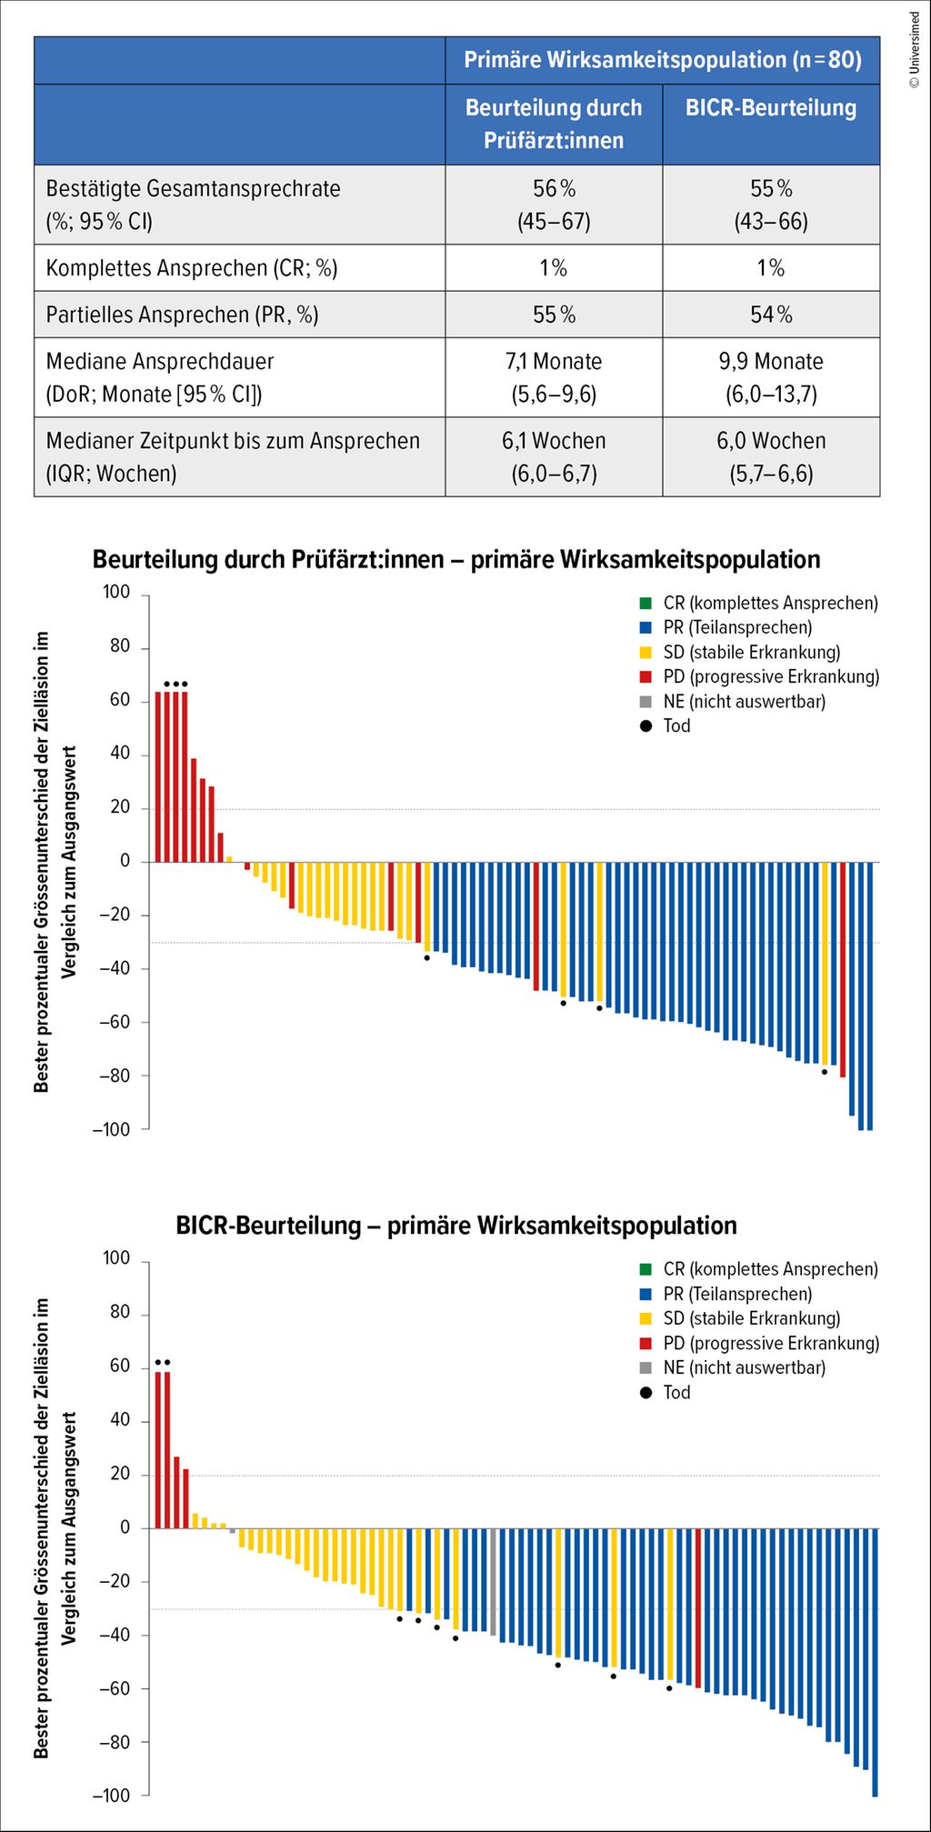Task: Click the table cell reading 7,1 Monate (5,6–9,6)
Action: [554, 377]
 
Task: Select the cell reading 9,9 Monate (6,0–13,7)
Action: [771, 377]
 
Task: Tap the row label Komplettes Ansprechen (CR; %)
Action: [192, 268]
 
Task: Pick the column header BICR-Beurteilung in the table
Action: [771, 108]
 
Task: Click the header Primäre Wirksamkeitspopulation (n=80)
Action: [663, 60]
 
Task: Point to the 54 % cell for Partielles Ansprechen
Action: [771, 315]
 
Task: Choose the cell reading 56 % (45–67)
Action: [554, 205]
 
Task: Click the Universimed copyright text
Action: [915, 50]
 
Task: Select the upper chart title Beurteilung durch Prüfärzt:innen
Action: [456, 559]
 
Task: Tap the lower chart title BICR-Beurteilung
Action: [456, 1226]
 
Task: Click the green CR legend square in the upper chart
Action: [646, 603]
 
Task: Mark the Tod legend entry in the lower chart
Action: [676, 1392]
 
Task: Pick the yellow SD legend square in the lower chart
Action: [646, 1318]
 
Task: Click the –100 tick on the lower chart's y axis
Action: [111, 1795]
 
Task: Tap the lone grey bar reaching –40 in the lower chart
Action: [493, 1582]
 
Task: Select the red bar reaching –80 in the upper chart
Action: [843, 969]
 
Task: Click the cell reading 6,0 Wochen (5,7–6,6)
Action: [771, 456]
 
